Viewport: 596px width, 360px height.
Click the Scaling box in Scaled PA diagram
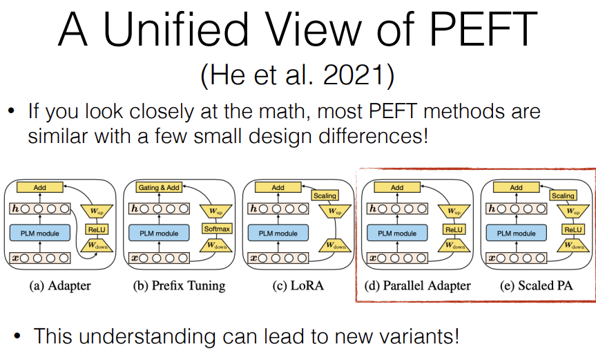pos(563,196)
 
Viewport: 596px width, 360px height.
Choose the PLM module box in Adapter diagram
pos(39,234)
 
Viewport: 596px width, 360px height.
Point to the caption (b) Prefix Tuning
pos(179,285)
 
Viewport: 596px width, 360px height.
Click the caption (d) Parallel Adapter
pos(418,285)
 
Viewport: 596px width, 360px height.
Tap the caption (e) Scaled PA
pos(537,285)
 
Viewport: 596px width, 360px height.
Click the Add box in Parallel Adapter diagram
pos(397,187)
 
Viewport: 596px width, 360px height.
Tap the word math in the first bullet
pos(273,111)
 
